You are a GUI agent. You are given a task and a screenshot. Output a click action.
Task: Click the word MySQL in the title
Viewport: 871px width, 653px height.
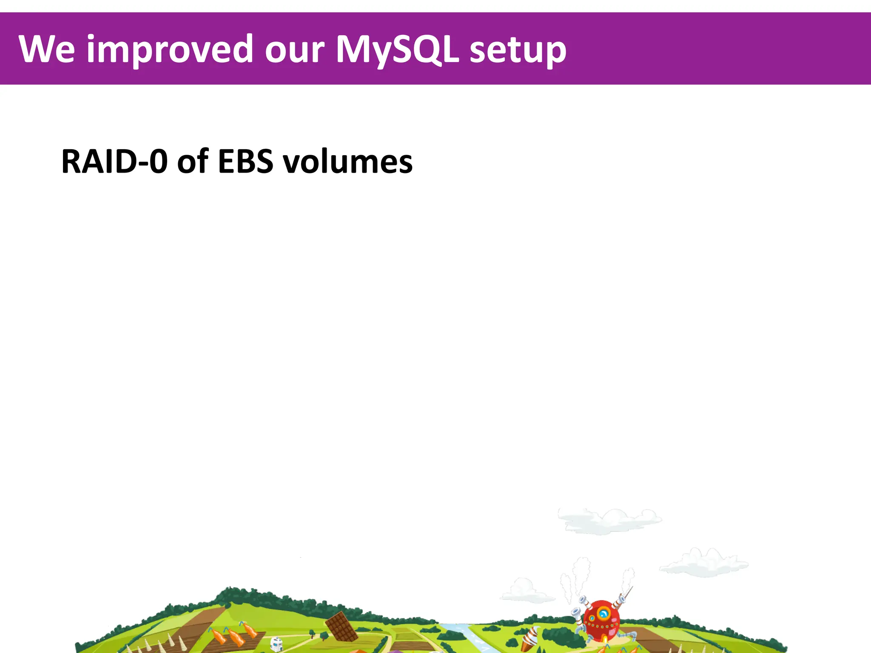pos(397,50)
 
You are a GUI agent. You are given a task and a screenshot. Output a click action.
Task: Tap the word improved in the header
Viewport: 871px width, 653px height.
pos(170,50)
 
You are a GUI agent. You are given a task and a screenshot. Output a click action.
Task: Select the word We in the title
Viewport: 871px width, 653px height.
pos(47,50)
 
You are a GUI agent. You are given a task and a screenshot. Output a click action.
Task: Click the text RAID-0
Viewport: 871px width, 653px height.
pos(114,162)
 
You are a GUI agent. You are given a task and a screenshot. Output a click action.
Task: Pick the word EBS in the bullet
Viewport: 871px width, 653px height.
pos(245,162)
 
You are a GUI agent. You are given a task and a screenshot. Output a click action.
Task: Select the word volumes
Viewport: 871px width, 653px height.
pos(348,162)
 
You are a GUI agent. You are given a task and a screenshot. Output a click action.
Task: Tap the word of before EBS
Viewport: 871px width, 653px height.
pos(192,162)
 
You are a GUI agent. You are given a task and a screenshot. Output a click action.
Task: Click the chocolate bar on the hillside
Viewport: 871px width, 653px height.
pos(342,627)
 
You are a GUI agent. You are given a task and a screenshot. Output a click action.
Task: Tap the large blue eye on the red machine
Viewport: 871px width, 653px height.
pos(603,613)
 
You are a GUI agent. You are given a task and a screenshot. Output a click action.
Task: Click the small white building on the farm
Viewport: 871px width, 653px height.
pos(276,643)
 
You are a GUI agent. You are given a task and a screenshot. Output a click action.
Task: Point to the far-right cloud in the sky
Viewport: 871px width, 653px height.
pos(704,563)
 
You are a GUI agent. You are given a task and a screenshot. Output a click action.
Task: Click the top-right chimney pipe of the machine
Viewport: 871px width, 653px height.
pos(621,599)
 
